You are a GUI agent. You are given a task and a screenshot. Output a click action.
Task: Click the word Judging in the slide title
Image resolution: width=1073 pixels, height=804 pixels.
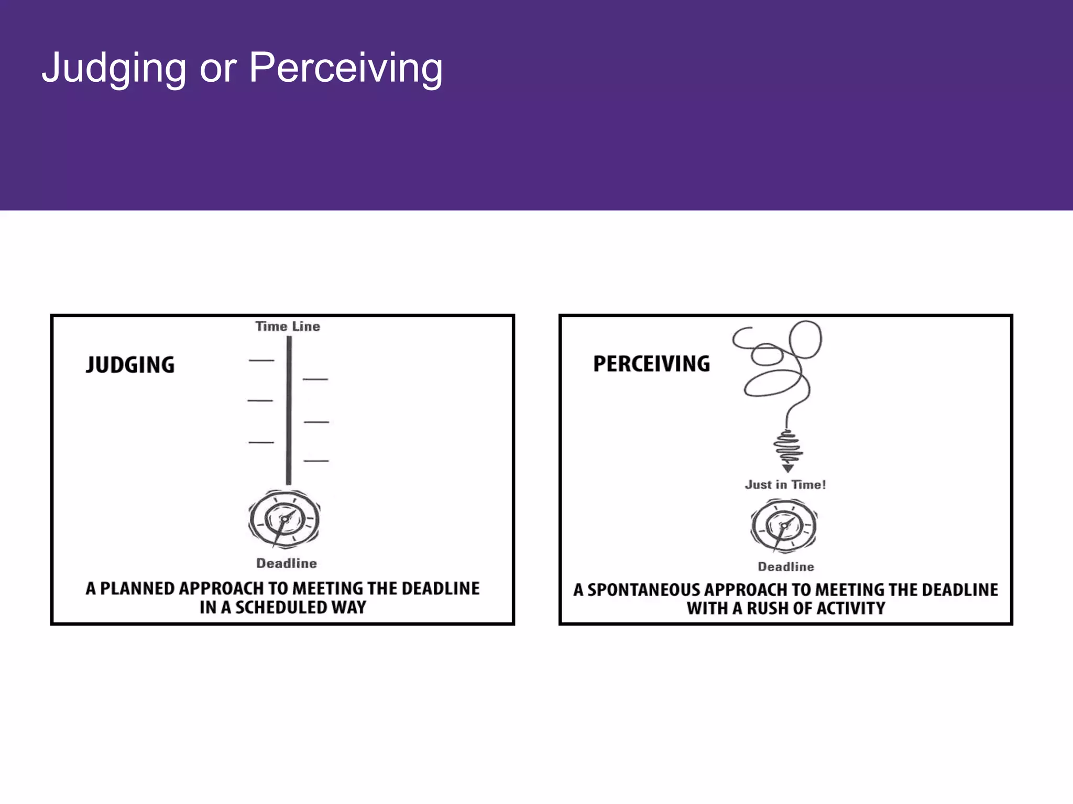pos(114,68)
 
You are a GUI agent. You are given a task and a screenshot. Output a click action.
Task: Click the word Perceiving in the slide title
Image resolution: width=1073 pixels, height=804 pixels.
pos(346,68)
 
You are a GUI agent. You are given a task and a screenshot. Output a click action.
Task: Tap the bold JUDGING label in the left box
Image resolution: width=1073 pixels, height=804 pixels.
pos(130,365)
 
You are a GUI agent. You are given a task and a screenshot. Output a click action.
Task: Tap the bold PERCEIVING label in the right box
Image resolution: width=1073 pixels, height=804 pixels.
pos(652,364)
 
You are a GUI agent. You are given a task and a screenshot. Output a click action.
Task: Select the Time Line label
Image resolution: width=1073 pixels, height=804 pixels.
pos(288,327)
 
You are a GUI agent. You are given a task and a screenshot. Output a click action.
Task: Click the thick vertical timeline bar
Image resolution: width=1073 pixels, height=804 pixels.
pos(289,410)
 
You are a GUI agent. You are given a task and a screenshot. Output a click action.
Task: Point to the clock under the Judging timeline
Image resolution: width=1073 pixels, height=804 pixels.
pos(284,519)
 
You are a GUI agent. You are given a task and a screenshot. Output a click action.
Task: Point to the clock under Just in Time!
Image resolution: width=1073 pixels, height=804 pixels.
pos(784,526)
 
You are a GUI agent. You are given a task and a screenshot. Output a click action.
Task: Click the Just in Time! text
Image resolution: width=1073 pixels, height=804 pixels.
pos(785,485)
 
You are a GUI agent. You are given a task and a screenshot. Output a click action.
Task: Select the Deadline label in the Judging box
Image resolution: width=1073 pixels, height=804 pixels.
pos(287,563)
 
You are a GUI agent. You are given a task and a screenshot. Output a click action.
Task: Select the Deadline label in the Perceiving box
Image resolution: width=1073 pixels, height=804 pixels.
pos(786,567)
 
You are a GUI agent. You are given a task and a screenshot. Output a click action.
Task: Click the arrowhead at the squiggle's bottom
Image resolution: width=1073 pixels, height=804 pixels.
pos(788,468)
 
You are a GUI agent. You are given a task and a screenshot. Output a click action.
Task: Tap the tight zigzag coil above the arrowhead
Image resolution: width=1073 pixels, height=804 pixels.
pos(788,447)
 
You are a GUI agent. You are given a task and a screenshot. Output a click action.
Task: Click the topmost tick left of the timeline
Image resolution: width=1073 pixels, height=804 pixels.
pos(261,361)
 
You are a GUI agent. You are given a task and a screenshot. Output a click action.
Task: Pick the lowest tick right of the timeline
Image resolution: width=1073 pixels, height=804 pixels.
pos(316,461)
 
